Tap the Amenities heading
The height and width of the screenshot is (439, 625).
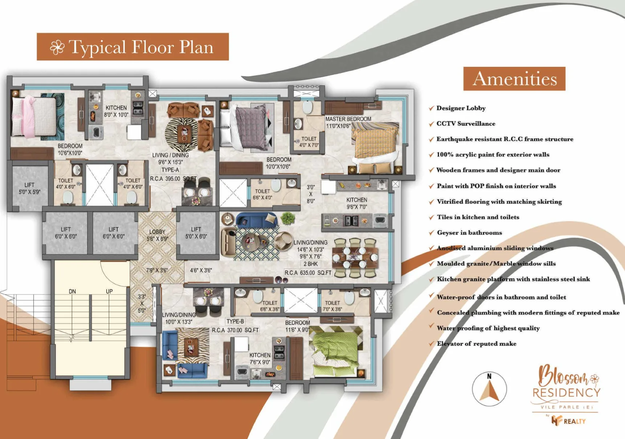point(514,79)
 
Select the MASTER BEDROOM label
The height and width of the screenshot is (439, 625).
point(348,119)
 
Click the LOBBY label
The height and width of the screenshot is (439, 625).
point(157,232)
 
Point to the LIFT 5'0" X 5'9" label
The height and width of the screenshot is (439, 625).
point(30,188)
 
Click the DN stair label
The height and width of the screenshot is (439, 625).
point(72,291)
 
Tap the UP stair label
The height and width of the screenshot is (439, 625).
point(109,291)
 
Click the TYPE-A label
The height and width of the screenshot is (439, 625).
point(170,170)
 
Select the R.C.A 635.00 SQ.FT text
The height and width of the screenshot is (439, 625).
point(308,272)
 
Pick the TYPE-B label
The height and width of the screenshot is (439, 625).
point(235,321)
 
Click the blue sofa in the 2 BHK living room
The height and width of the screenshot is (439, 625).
point(256,219)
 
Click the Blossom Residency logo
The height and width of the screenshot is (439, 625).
point(566,394)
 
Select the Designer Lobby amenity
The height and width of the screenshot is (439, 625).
point(461,108)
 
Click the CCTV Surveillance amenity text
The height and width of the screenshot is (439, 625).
point(466,124)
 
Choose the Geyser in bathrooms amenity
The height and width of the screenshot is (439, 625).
point(469,233)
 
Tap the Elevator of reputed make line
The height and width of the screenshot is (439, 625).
point(477,344)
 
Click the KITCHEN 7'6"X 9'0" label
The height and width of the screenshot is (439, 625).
point(260,358)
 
